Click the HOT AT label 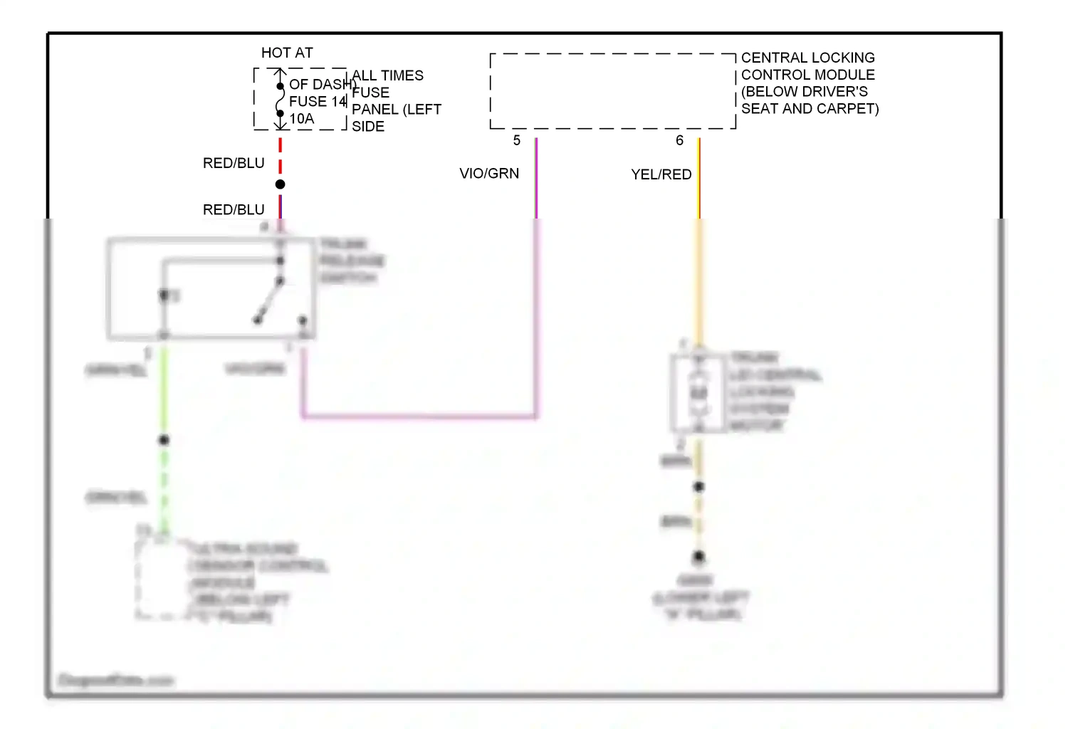[287, 53]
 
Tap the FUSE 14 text [318, 101]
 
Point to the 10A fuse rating [301, 118]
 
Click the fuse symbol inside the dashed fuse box [280, 100]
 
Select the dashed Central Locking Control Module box [612, 91]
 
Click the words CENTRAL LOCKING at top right [807, 58]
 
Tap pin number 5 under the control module [517, 140]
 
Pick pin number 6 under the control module [679, 140]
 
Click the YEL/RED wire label [661, 174]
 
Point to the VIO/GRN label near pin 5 [489, 173]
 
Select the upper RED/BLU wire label [234, 163]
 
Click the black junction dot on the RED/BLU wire [281, 184]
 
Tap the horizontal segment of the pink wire [420, 416]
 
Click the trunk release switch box [211, 288]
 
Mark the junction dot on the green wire [164, 440]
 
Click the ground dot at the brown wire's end [699, 556]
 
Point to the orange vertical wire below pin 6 [699, 285]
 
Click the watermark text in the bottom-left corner [116, 681]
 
